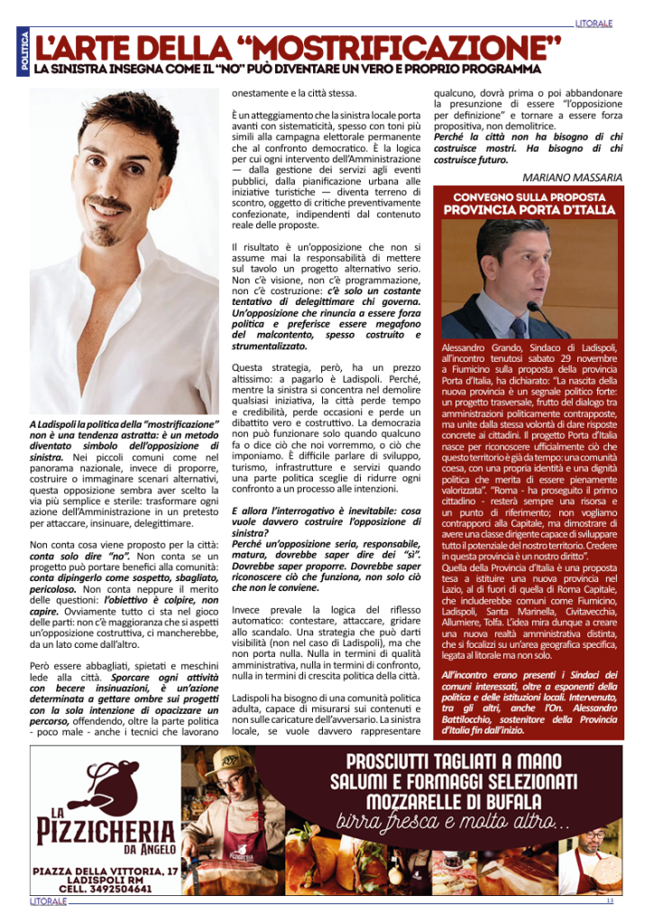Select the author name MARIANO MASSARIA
(x=573, y=177)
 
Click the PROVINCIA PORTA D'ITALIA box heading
(x=529, y=210)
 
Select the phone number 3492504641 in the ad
(x=118, y=888)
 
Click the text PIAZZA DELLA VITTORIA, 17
(x=105, y=870)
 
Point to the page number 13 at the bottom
(x=610, y=901)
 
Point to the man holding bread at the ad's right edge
(x=594, y=855)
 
